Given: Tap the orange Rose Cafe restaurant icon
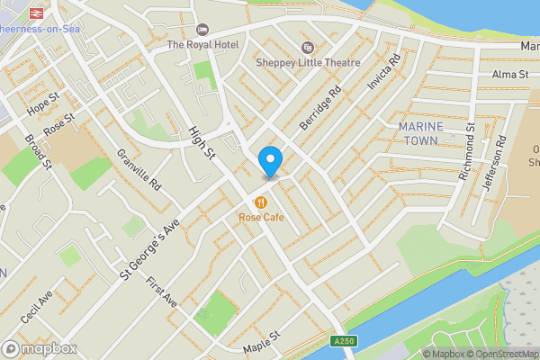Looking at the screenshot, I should pos(261,202).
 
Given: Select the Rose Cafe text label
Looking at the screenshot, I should pos(261,217).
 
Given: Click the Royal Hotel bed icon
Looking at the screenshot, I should pos(202,31).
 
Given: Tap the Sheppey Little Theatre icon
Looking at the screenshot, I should pos(308,48).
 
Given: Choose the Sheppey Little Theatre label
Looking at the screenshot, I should pos(308,63).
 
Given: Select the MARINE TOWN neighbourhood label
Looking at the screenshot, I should pos(418,134).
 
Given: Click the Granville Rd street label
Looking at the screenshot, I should pos(138,168).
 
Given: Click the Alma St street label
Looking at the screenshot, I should pos(508,75).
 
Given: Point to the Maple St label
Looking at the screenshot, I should pos(262,341).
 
